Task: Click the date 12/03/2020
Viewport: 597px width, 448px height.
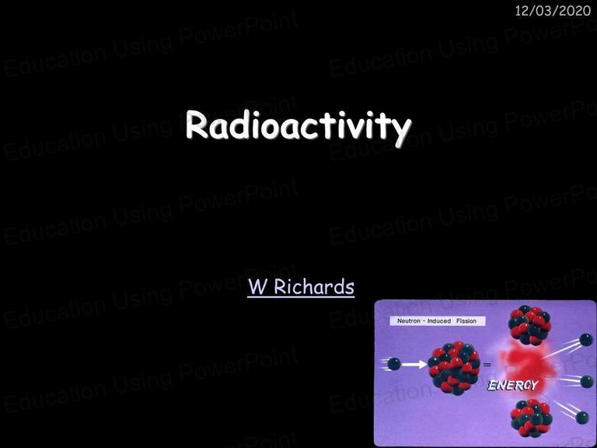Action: click(553, 11)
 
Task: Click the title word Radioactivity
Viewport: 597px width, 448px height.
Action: click(298, 127)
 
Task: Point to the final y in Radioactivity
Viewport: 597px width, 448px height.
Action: click(401, 131)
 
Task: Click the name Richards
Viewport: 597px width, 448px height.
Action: click(314, 286)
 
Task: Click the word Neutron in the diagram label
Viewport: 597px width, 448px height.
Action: click(409, 320)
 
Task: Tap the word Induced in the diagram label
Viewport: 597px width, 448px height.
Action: click(439, 320)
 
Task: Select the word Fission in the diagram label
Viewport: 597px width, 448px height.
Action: click(466, 320)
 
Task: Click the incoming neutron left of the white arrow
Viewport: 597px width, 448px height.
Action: click(394, 364)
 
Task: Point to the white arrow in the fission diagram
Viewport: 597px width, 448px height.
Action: click(414, 365)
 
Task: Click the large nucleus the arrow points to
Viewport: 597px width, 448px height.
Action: click(454, 367)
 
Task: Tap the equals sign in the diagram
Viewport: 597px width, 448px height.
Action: click(487, 365)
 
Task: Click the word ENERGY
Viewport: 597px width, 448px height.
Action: click(513, 386)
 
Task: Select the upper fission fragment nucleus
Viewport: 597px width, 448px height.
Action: click(529, 325)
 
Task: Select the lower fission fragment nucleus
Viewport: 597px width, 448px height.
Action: click(531, 418)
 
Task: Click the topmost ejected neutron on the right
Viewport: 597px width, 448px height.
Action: click(586, 339)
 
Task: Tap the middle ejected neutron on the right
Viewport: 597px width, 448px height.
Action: click(587, 381)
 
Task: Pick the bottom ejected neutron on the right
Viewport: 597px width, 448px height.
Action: click(582, 418)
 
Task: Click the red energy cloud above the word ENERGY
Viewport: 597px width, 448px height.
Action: click(522, 362)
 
